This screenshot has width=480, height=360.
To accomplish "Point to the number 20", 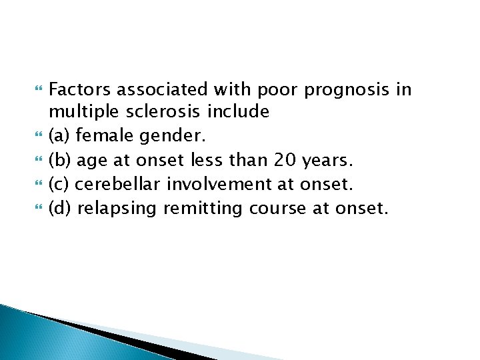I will click(287, 161).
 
